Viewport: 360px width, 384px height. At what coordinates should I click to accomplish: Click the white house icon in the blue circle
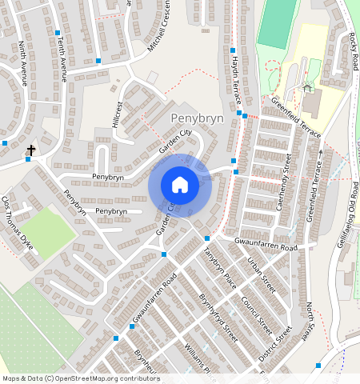tap(180, 185)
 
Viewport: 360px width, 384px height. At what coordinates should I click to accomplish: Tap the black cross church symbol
tap(31, 150)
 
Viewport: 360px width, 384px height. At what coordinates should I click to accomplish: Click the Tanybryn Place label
tap(219, 266)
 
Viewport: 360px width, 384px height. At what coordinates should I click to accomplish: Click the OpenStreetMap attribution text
tap(80, 378)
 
